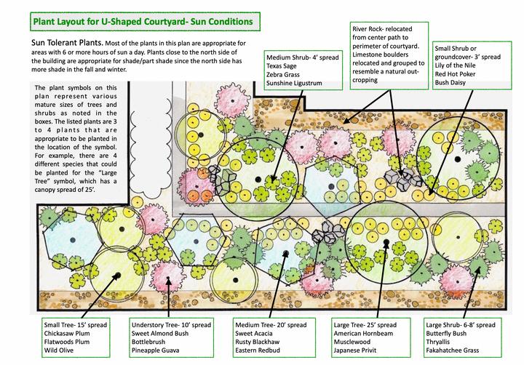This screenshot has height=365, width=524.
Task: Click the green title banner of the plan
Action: [x=142, y=22]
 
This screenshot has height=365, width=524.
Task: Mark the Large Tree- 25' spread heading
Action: [x=365, y=324]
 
